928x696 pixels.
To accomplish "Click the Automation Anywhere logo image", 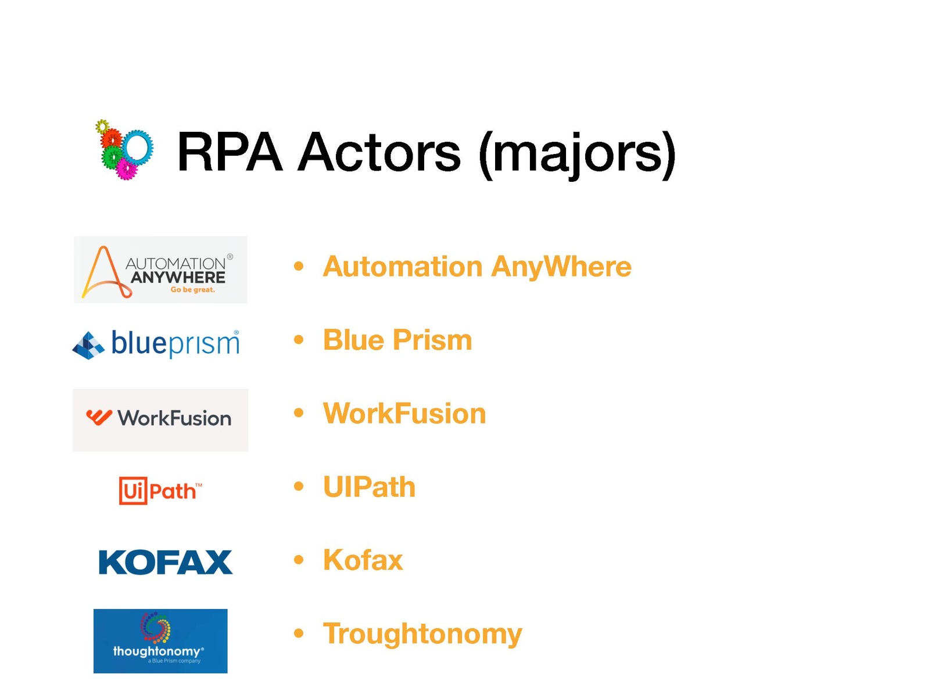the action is click(160, 269).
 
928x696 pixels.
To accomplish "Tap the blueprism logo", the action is click(156, 343).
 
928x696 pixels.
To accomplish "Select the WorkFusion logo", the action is click(160, 419).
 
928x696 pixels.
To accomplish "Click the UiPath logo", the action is click(160, 490).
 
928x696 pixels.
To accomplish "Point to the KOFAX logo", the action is click(165, 562).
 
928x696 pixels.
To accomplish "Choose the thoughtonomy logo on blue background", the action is click(160, 641).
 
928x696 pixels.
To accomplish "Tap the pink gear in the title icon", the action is click(126, 168).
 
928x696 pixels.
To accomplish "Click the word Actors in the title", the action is click(379, 152).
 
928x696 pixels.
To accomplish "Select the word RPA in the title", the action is click(230, 152).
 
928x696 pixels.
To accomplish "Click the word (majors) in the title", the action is click(577, 155).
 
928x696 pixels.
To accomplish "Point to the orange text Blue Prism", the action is click(397, 340).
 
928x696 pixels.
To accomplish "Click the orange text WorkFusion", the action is click(404, 413).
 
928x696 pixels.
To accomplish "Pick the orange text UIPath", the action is click(369, 486).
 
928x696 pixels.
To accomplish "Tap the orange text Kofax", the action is click(363, 560).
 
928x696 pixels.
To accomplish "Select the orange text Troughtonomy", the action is click(423, 634).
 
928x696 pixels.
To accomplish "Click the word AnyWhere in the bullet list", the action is click(561, 267).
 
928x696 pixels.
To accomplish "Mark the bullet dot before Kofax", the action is click(299, 560).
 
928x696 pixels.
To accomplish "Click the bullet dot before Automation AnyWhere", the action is click(299, 266).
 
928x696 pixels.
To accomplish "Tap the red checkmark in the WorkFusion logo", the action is click(99, 417).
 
